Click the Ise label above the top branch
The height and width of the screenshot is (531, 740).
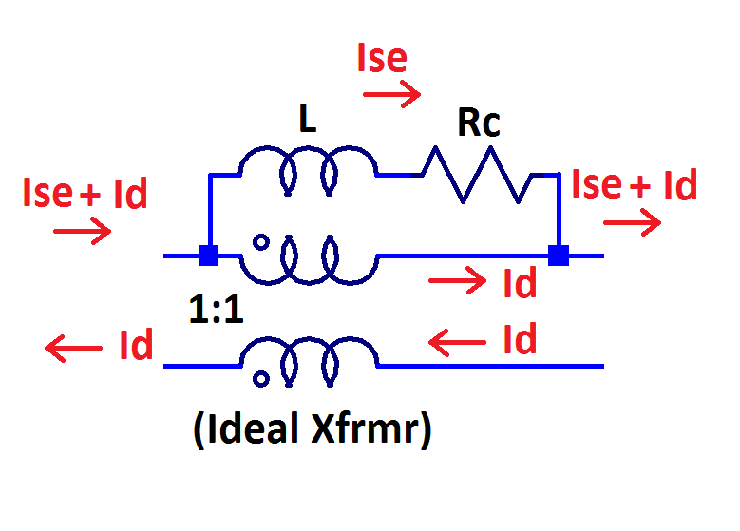coord(382,59)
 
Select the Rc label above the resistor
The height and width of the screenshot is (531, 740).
coord(478,124)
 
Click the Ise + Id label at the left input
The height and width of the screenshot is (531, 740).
coord(85,193)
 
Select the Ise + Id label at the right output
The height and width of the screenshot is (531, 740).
coord(635,185)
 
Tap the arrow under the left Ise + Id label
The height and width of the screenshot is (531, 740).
coord(83,231)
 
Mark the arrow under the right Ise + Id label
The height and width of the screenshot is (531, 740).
coord(632,223)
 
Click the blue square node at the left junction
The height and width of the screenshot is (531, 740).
coord(208,256)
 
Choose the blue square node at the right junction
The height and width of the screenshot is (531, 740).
coord(559,256)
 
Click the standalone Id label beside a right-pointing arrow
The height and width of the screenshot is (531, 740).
coord(520,282)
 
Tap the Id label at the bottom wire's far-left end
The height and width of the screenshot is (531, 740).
coord(136,346)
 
